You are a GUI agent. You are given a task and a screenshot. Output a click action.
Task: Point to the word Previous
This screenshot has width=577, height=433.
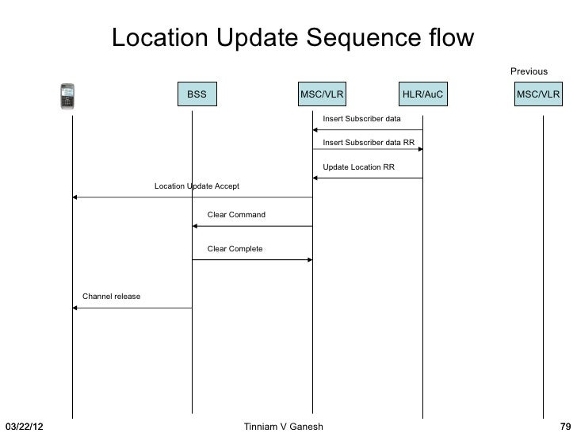529,72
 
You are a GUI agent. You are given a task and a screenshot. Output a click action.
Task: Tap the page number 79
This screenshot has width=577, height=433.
566,427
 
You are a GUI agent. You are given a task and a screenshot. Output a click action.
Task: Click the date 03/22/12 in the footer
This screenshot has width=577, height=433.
24,427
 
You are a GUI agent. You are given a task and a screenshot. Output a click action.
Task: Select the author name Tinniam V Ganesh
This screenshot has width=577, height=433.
284,427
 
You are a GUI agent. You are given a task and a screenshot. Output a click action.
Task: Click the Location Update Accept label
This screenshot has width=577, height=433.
197,186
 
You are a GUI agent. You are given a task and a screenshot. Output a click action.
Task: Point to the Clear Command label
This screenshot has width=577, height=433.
236,215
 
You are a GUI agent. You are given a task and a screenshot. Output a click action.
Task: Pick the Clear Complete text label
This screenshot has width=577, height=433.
235,249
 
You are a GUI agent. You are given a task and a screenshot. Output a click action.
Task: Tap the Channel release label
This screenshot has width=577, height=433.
112,297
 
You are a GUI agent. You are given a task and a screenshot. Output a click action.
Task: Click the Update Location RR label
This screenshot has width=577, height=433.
358,167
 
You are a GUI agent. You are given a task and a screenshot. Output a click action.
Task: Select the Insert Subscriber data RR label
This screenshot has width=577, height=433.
369,143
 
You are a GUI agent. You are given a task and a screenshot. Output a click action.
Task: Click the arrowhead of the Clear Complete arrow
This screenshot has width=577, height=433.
309,260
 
